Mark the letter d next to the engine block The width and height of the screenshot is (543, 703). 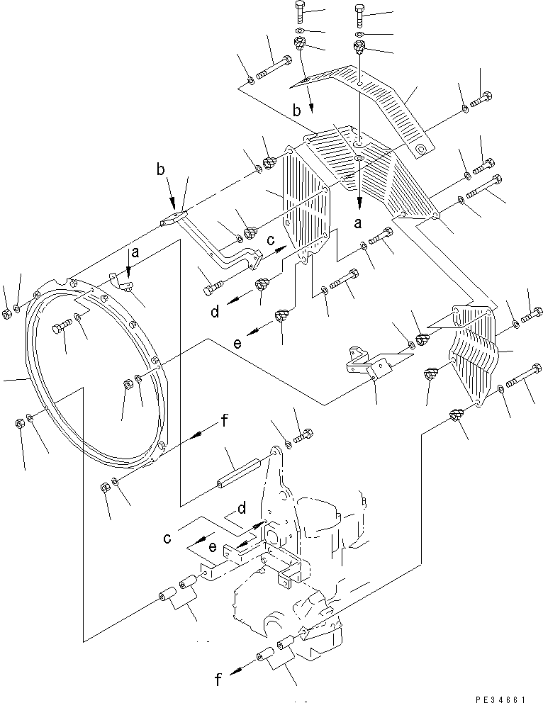(242, 508)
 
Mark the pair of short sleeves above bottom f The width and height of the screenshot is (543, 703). (278, 650)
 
